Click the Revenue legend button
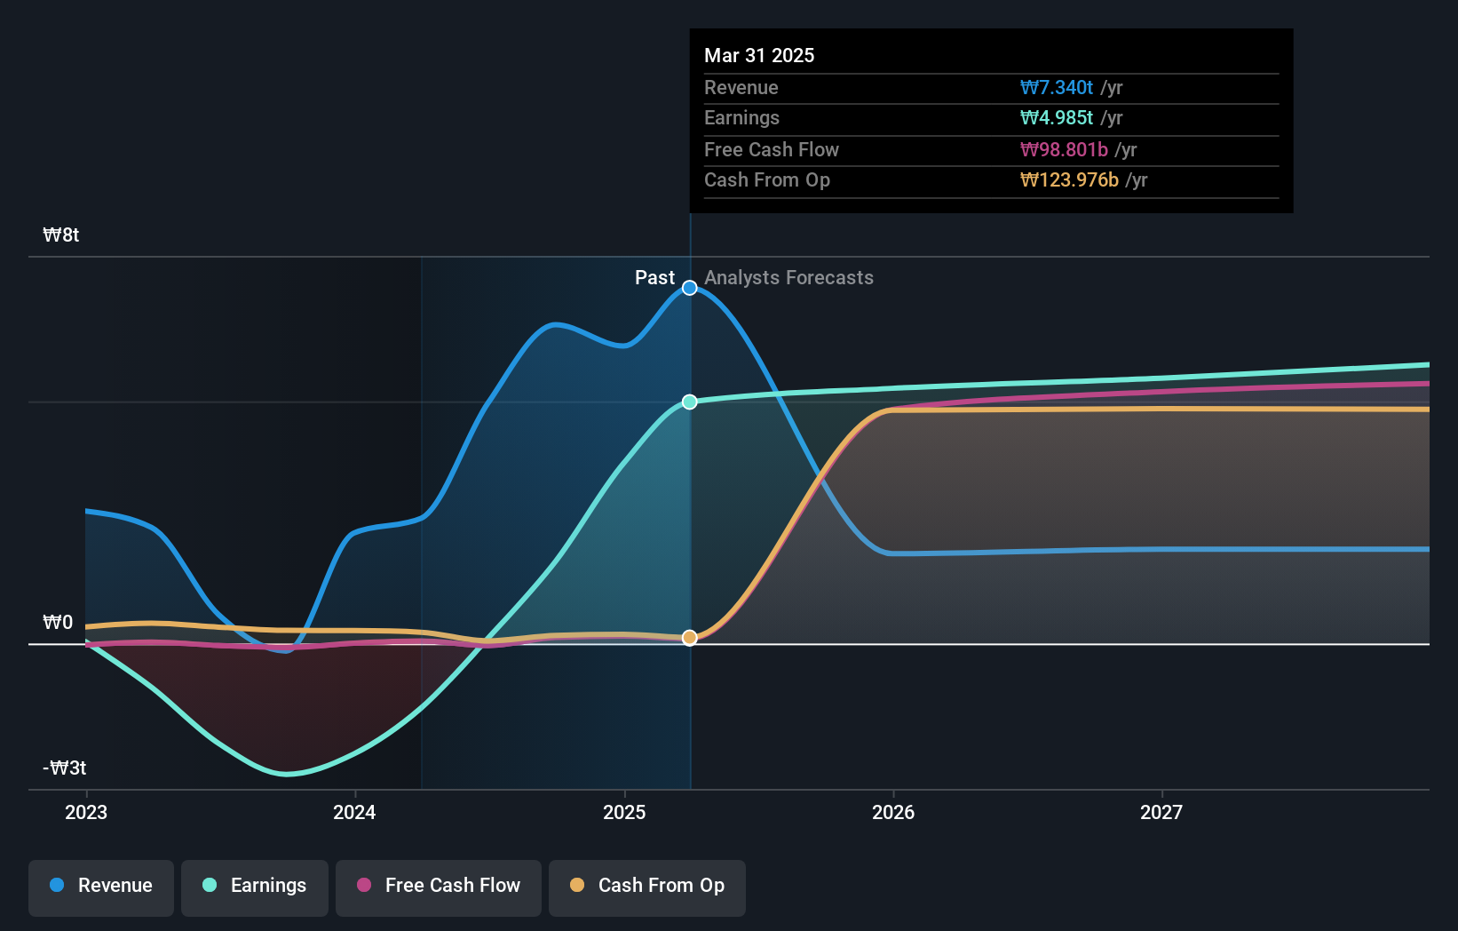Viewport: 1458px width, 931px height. pyautogui.click(x=101, y=887)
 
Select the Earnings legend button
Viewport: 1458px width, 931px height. pyautogui.click(x=255, y=887)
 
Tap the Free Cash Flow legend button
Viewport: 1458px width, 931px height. pyautogui.click(x=439, y=887)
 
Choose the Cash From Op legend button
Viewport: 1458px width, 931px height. pyautogui.click(x=647, y=887)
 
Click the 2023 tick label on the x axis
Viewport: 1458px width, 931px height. pyautogui.click(x=86, y=813)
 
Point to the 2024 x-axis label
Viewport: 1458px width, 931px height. pyautogui.click(x=354, y=813)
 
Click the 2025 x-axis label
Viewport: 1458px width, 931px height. pyautogui.click(x=624, y=813)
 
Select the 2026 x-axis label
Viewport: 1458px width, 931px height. pyautogui.click(x=893, y=813)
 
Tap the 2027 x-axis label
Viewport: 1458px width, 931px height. pyautogui.click(x=1161, y=813)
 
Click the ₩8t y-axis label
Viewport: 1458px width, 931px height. pyautogui.click(x=61, y=235)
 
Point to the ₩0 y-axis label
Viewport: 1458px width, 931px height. pyautogui.click(x=58, y=623)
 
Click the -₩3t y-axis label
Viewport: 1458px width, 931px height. pyautogui.click(x=65, y=768)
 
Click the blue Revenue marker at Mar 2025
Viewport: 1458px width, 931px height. pyautogui.click(x=690, y=288)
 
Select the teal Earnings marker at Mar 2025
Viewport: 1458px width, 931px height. pyautogui.click(x=690, y=402)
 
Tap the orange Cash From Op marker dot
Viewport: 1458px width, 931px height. pyautogui.click(x=690, y=638)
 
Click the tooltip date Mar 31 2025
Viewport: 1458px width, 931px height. pyautogui.click(x=759, y=56)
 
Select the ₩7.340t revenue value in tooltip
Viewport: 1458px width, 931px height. pyautogui.click(x=1057, y=88)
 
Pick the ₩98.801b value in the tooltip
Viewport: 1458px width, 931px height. pyautogui.click(x=1064, y=150)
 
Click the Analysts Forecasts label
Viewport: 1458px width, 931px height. pyautogui.click(x=788, y=278)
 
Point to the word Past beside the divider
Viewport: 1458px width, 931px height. pyautogui.click(x=654, y=278)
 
